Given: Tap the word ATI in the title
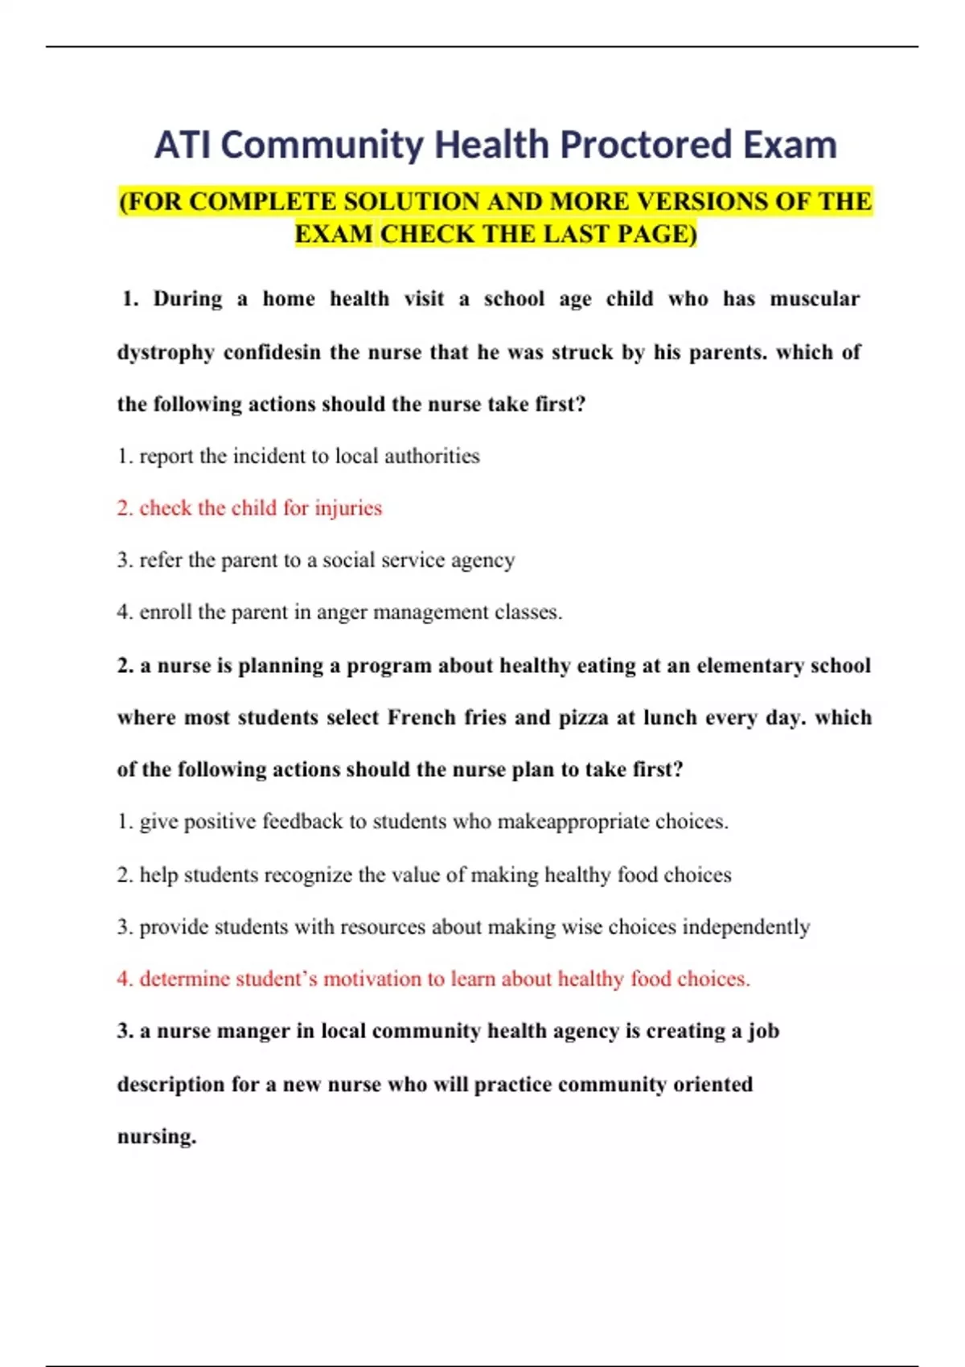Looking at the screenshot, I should (183, 146).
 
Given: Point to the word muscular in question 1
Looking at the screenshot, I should (815, 299).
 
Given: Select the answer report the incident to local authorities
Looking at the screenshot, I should (298, 456).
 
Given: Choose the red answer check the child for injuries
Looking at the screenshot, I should (249, 508).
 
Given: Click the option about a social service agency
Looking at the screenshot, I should (315, 560).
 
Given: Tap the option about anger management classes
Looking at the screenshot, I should (339, 612).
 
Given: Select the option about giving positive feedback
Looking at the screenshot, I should (422, 822).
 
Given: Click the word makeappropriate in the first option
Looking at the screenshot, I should (573, 822).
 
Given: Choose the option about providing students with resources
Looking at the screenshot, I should (463, 927).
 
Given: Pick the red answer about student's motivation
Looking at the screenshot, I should (433, 979).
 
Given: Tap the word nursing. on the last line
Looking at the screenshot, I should (157, 1136).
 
